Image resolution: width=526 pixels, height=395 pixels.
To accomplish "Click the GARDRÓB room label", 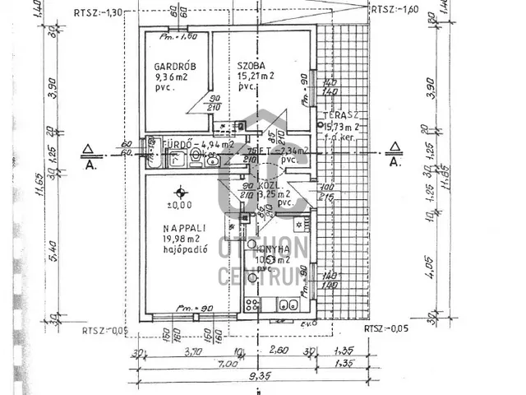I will pos(171,67).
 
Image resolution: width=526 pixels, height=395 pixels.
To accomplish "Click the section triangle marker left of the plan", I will pos(88,149).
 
